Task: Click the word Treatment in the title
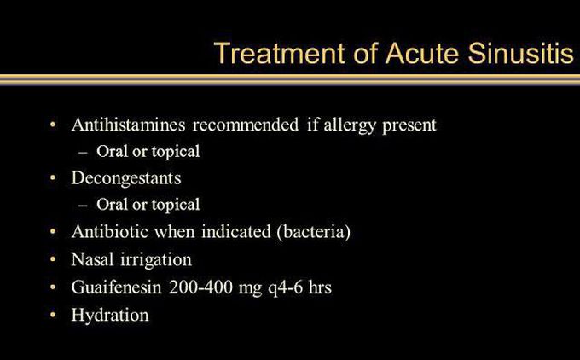280,53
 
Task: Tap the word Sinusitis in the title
520,53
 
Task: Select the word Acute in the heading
421,53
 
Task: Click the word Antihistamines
128,125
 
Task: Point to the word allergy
350,125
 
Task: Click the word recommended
246,125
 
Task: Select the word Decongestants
126,179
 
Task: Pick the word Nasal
92,259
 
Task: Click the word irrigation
156,260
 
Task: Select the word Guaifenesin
117,287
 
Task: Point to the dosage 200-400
200,287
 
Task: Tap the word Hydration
110,315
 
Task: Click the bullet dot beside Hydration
53,315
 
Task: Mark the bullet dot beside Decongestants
53,178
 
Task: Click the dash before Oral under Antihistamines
84,152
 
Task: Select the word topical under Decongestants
176,206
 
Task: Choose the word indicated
236,232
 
